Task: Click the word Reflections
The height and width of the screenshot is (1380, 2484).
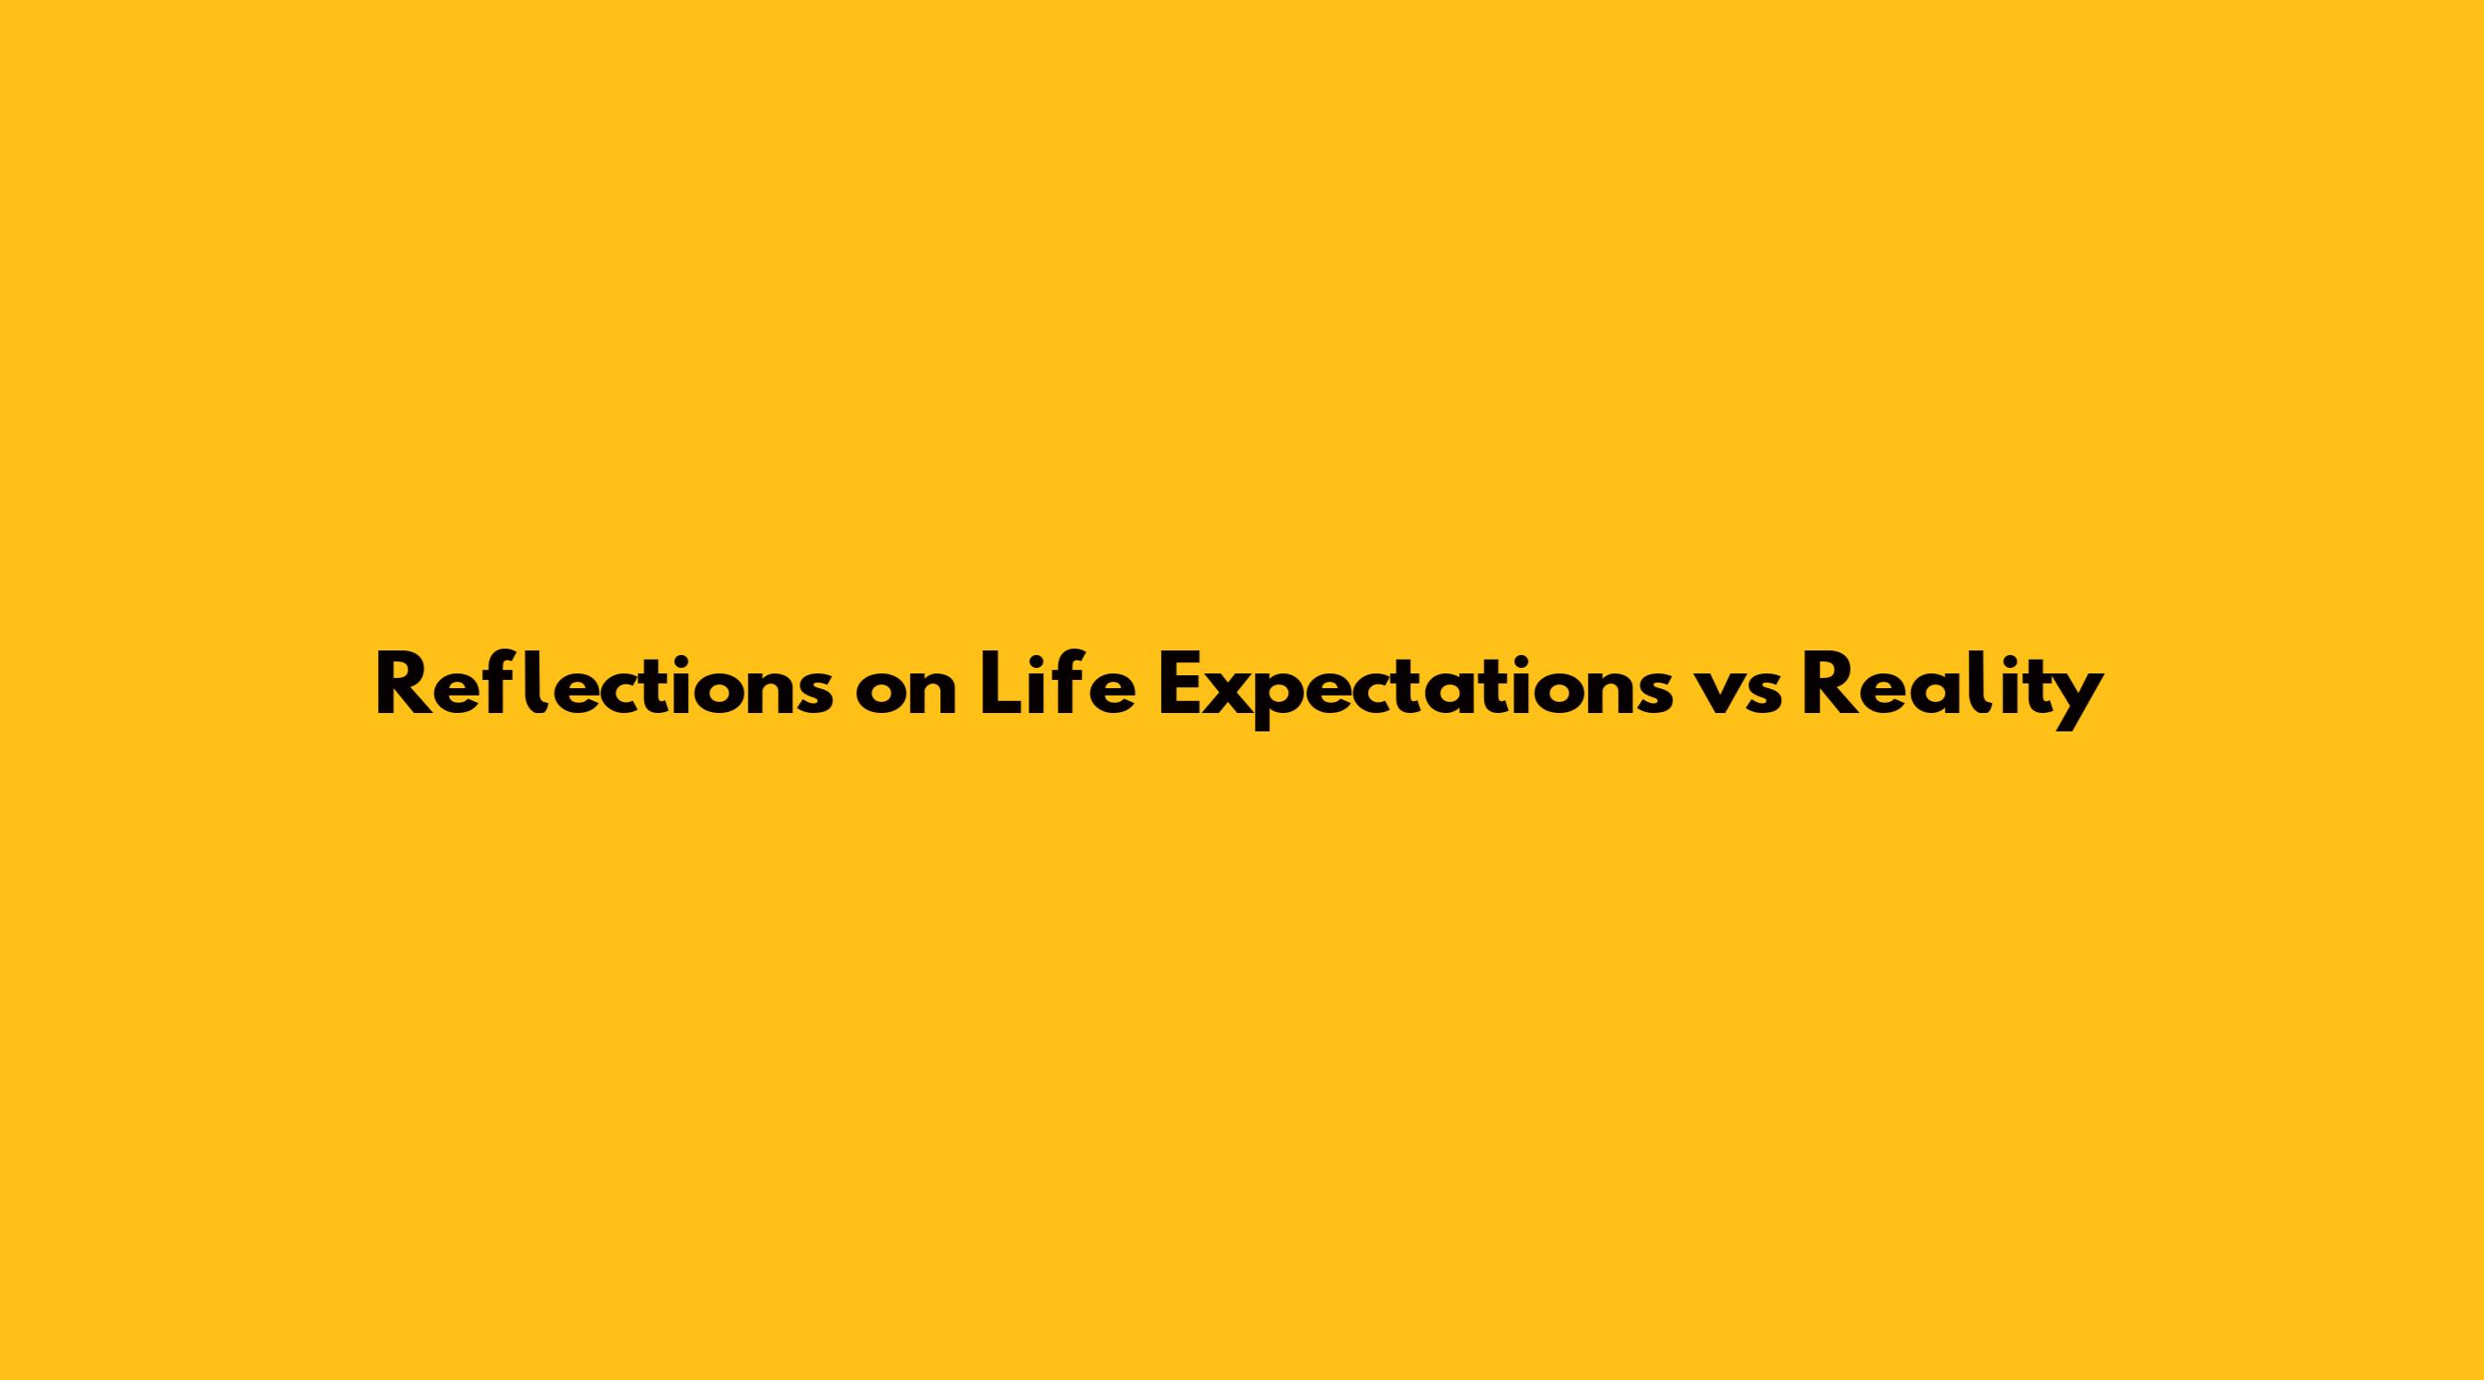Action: pyautogui.click(x=604, y=684)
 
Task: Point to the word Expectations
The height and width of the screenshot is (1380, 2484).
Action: pyautogui.click(x=1416, y=691)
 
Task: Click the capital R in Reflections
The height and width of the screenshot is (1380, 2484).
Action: pyautogui.click(x=402, y=685)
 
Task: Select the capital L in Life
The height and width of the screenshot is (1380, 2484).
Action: pyautogui.click(x=1000, y=685)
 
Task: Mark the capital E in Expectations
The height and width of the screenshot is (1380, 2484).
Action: pyautogui.click(x=1181, y=685)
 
